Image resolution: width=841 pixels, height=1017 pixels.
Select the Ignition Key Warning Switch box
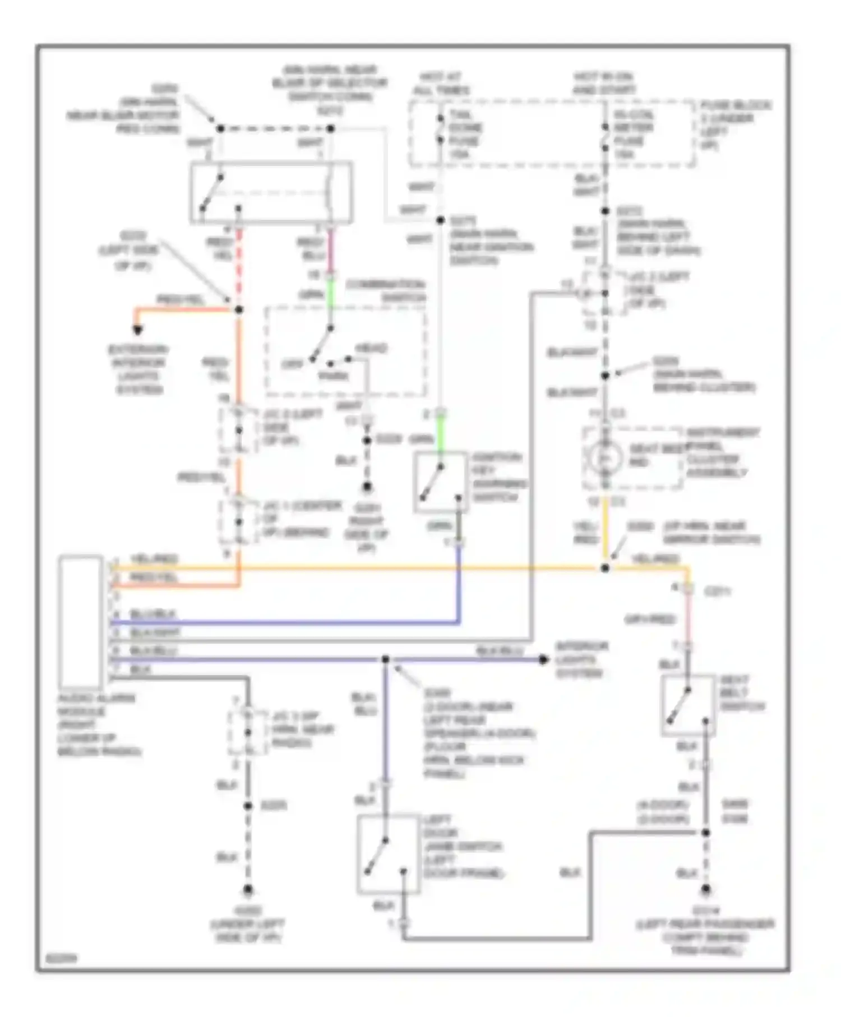click(x=441, y=482)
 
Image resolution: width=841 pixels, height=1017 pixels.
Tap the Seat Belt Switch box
click(x=688, y=705)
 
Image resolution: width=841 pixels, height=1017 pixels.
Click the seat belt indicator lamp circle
click(x=605, y=458)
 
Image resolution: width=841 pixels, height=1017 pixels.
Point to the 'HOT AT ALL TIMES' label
click(x=441, y=84)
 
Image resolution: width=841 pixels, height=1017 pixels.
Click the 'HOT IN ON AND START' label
click(x=604, y=84)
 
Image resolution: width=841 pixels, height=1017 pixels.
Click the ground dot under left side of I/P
click(x=247, y=890)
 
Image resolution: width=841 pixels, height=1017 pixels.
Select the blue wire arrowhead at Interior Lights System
click(x=543, y=659)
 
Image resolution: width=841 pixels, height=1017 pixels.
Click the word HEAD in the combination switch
click(x=371, y=349)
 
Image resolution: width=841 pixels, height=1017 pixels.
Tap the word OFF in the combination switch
click(x=292, y=364)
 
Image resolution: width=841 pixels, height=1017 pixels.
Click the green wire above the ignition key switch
click(x=441, y=437)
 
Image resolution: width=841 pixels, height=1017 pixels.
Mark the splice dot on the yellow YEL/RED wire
click(x=605, y=568)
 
